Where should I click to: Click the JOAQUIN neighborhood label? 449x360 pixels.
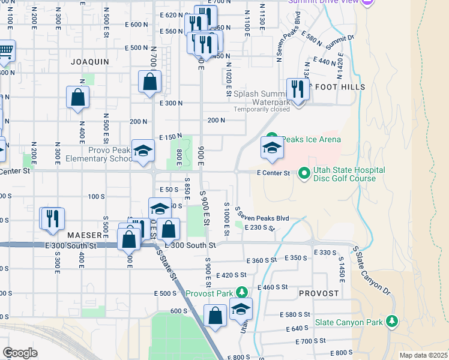click(90, 62)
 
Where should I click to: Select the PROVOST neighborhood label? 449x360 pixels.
click(319, 293)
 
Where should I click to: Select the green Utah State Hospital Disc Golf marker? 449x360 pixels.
click(304, 174)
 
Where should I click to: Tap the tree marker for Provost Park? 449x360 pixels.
click(242, 292)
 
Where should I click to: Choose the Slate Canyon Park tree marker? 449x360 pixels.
click(393, 321)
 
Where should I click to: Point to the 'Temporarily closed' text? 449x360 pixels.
click(262, 109)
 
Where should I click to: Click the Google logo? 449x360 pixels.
click(20, 353)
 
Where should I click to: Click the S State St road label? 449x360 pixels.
click(169, 265)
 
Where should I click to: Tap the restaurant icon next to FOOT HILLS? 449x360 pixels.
click(297, 90)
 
